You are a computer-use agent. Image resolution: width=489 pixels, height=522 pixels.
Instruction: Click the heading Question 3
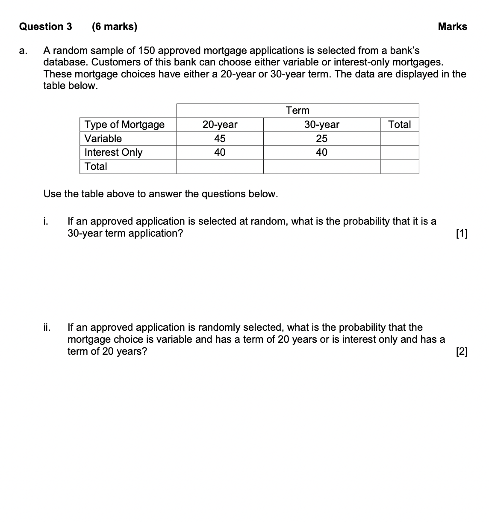coord(46,27)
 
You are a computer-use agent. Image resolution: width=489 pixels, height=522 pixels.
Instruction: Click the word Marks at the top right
coord(452,27)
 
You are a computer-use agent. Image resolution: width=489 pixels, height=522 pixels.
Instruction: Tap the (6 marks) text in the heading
coord(115,27)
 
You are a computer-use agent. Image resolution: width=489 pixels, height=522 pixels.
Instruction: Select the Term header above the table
coord(298,110)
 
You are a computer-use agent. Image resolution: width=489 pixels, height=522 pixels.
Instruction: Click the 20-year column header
coord(220,125)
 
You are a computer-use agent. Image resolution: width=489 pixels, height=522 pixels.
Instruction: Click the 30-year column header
coord(321,125)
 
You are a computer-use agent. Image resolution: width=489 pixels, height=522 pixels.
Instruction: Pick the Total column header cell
coord(399,125)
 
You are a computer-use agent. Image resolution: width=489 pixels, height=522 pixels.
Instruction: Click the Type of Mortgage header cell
coord(124,125)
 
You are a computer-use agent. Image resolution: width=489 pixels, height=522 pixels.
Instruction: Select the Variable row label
coord(103,139)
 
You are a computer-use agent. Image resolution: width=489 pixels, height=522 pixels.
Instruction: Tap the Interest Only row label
coord(113,152)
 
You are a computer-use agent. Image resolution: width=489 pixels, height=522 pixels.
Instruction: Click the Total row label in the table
coord(96,166)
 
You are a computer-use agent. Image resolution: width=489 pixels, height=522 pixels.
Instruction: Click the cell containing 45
coord(220,139)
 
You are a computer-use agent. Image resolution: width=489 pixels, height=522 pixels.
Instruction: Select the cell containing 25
coord(321,139)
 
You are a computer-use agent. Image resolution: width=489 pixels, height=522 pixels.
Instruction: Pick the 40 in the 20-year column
coord(220,152)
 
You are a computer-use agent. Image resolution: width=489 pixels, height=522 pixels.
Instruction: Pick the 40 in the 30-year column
coord(321,152)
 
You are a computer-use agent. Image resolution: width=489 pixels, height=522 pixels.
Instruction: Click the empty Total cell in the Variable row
coord(399,139)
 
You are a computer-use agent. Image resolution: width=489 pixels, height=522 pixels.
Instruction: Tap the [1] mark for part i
coord(462,234)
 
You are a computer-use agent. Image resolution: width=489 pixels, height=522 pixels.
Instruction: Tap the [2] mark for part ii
coord(462,352)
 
